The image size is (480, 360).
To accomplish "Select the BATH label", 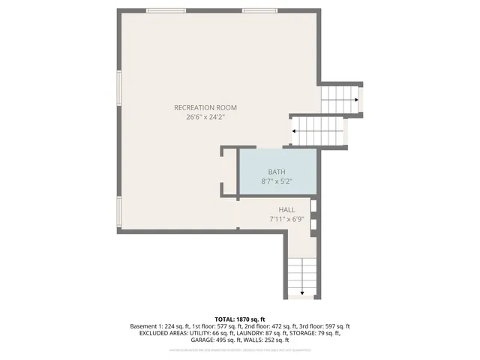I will [x=276, y=172].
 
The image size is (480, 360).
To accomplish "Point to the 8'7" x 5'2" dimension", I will [x=276, y=181].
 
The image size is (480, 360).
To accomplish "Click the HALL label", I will [x=286, y=210].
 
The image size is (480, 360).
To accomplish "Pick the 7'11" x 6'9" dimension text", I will [x=286, y=220].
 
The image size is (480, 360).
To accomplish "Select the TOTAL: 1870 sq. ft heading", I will [x=240, y=319].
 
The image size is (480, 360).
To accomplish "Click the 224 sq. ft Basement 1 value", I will [x=175, y=326].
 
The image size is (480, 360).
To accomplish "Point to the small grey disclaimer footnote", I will [x=240, y=349].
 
